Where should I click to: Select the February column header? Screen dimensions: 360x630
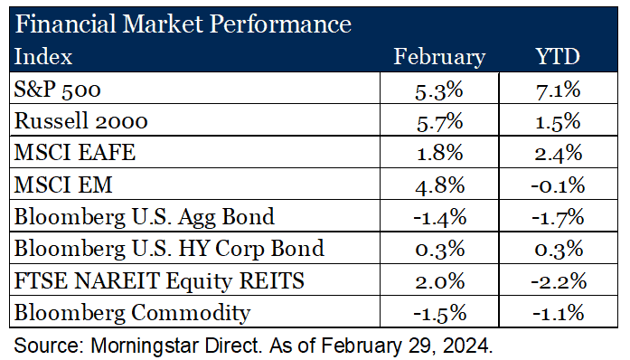(x=439, y=57)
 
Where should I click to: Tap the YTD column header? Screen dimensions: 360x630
(x=558, y=57)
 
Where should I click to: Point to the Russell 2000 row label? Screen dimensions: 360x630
(x=70, y=121)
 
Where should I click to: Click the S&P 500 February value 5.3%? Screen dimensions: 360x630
(x=440, y=90)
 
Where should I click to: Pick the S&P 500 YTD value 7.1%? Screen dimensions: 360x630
(x=558, y=90)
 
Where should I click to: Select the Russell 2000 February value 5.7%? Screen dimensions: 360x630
(x=440, y=121)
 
